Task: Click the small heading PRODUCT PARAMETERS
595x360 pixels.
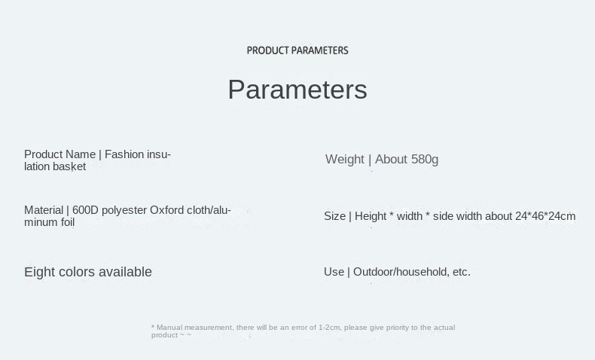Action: coord(297,50)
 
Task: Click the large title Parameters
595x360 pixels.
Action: coord(297,90)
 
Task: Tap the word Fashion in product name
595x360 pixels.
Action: coord(124,154)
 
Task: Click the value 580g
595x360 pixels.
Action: coord(425,160)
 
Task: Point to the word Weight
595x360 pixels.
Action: coord(344,160)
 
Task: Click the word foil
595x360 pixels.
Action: coord(68,222)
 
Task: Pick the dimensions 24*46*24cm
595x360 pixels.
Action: coord(545,216)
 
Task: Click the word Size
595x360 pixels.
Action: coord(334,216)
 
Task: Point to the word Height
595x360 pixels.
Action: coord(371,216)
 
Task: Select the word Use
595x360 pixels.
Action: coord(334,272)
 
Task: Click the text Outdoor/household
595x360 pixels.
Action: coord(401,272)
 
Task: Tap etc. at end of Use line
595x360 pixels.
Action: coord(462,273)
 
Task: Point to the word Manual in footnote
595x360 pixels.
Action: coord(169,328)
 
